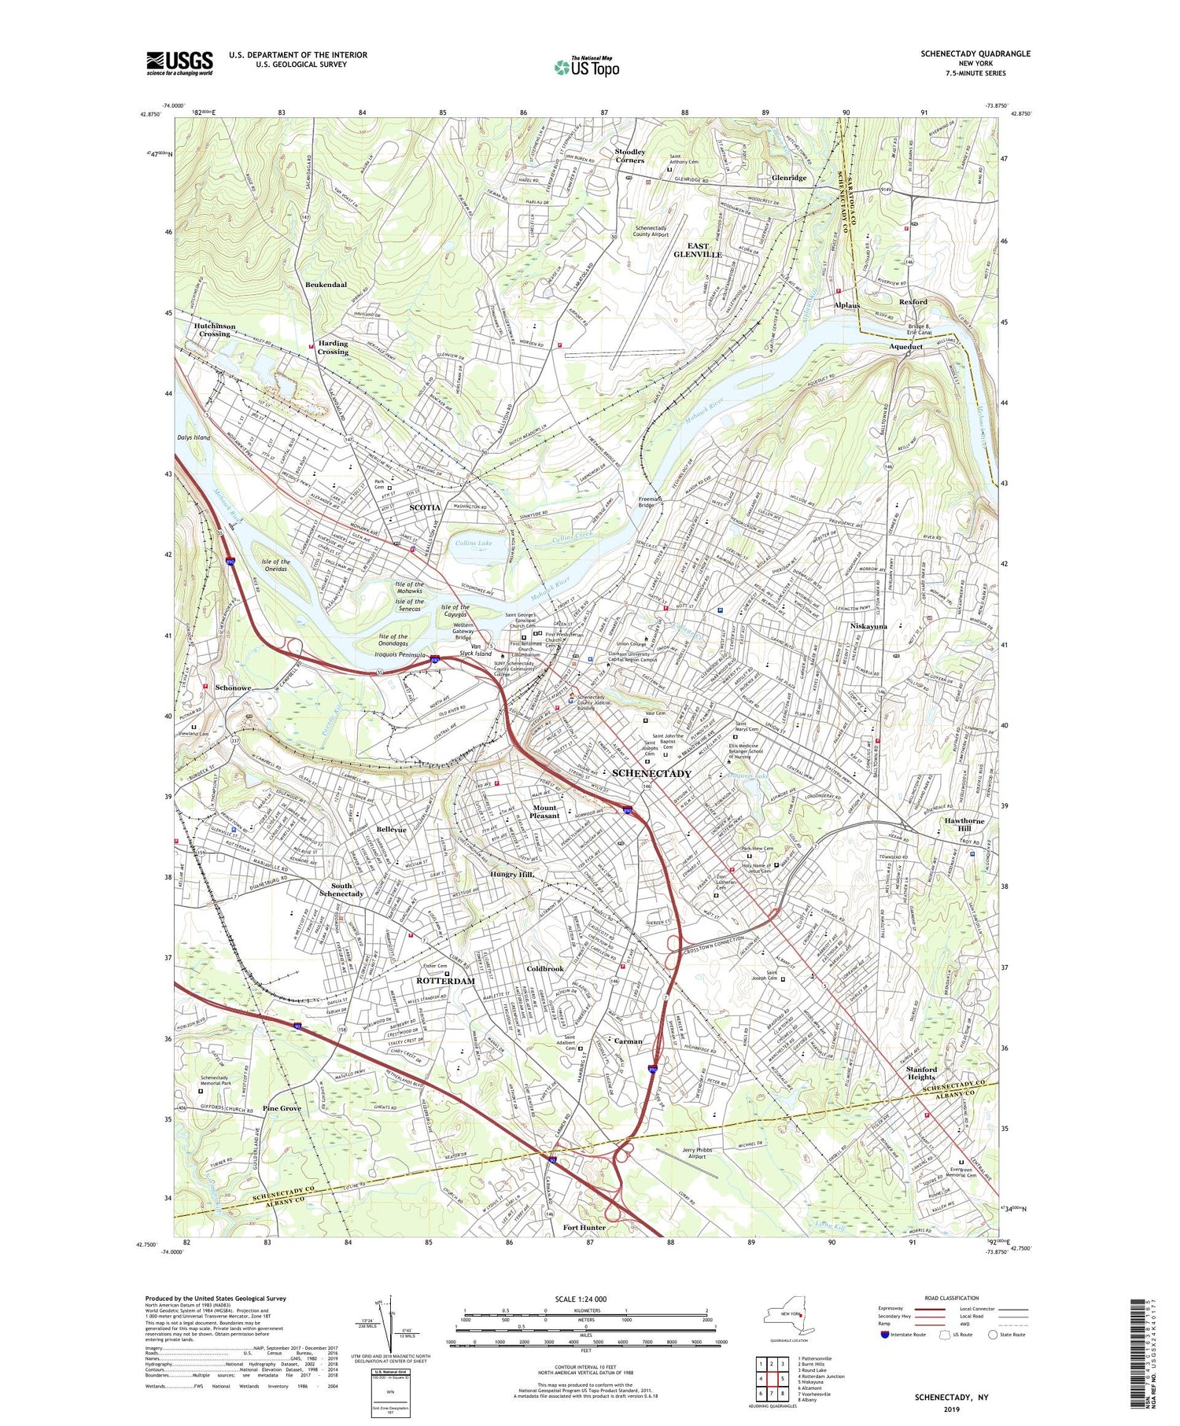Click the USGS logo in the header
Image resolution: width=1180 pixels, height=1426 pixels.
179,63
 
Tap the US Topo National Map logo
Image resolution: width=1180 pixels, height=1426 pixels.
586,66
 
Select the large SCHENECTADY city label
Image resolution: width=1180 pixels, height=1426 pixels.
651,773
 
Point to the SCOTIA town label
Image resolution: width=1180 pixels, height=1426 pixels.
425,507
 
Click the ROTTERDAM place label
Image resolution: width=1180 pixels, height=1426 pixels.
445,981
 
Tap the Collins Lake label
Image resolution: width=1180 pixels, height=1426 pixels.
474,543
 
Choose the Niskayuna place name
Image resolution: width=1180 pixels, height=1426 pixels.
868,627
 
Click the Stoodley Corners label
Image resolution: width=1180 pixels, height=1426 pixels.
630,156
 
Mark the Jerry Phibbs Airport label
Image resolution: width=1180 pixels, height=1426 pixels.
687,1153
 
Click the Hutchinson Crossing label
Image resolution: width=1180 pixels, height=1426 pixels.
214,330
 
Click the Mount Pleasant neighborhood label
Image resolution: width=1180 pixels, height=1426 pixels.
544,812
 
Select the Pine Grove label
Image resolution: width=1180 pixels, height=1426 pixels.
282,1108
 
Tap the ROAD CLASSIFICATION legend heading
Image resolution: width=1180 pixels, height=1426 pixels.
952,1298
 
